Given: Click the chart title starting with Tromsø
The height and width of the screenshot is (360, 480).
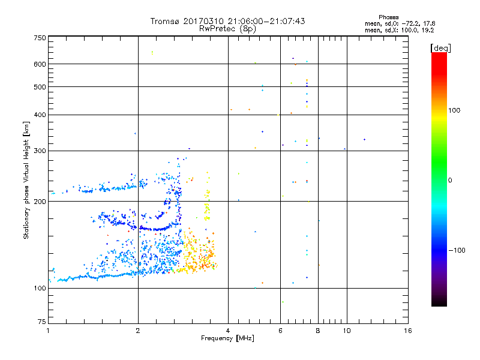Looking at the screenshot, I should (227, 21).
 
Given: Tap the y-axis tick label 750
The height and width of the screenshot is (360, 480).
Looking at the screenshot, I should (40, 38).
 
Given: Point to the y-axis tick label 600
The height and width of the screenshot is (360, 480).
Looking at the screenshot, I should (40, 64).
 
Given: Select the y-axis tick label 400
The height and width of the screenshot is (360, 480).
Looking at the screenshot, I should (40, 115).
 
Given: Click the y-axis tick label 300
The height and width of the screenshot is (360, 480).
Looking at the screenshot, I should (40, 151).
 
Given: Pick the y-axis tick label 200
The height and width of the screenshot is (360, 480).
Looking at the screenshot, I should (40, 202).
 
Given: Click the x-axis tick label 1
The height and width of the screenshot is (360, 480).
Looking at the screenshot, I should (48, 331).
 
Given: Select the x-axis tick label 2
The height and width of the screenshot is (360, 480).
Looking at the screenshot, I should (138, 331).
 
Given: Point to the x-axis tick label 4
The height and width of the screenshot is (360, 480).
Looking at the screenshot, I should (228, 331).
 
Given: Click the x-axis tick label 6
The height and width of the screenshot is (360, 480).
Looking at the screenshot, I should (280, 331).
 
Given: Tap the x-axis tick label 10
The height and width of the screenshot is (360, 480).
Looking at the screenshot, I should (346, 331).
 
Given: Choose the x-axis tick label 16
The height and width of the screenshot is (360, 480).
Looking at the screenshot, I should (407, 331).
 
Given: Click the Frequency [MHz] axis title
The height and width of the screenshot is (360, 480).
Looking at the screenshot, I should (227, 338).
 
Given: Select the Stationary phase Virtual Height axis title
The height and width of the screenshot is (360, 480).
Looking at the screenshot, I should (26, 180).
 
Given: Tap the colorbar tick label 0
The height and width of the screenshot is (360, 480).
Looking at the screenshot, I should (451, 180).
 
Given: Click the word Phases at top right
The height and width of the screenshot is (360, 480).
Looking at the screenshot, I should (389, 17).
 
